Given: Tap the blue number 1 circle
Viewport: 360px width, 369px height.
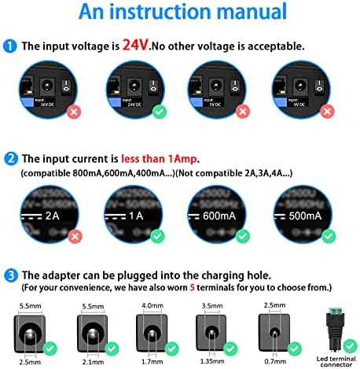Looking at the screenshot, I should (x=10, y=46).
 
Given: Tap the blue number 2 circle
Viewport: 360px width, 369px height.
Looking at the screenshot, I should (x=10, y=157).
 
